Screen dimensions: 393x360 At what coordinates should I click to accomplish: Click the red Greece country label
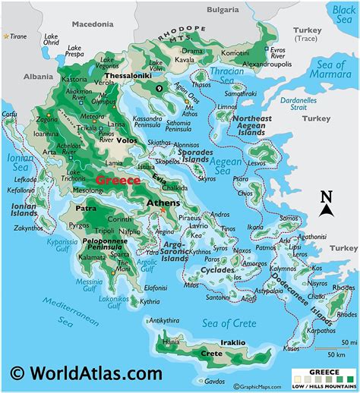click(117, 180)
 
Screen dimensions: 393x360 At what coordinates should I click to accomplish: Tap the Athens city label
click(163, 203)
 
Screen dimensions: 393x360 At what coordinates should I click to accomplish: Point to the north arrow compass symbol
click(327, 203)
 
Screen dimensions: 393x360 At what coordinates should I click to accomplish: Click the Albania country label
click(38, 77)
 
